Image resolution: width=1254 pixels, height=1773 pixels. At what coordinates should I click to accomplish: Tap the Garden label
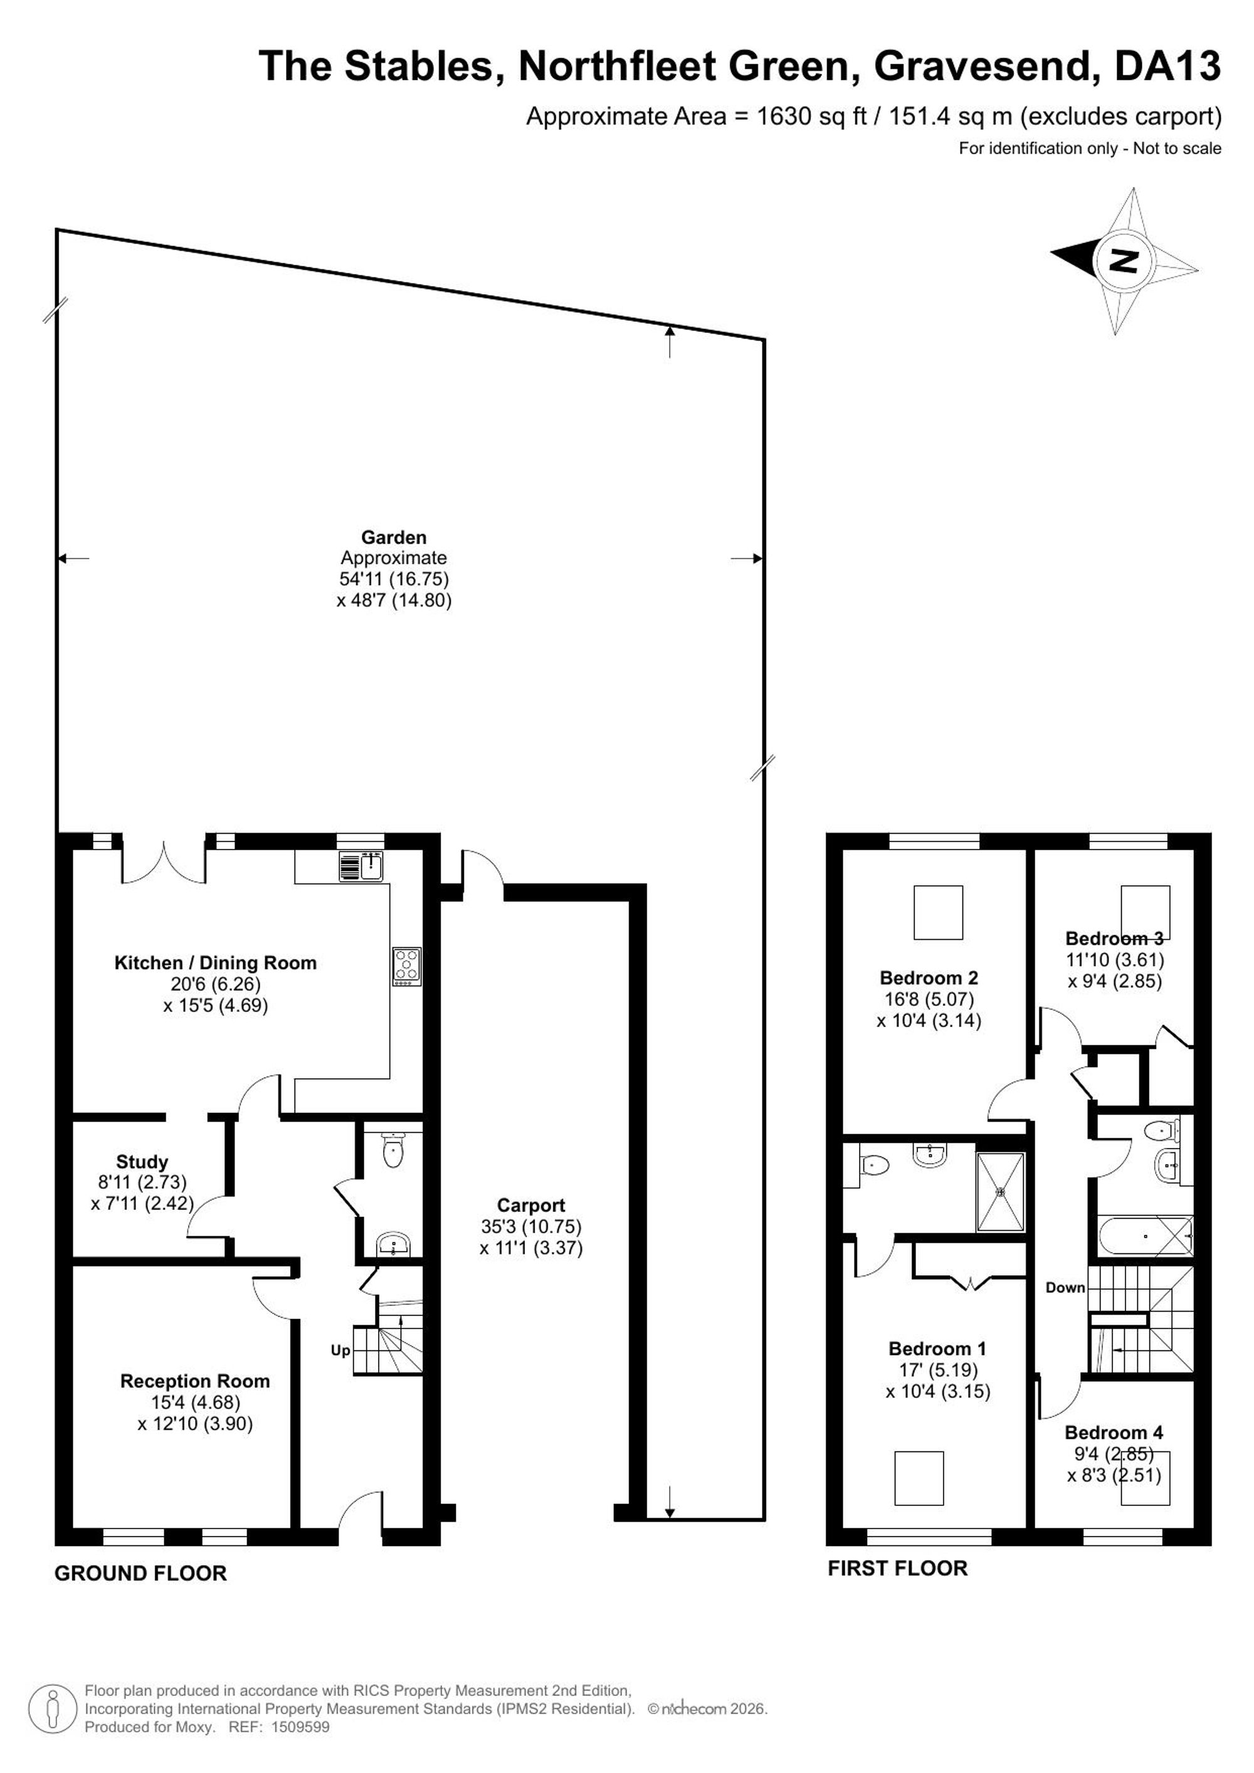(x=394, y=537)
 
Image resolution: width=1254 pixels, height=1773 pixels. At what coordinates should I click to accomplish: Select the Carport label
(x=530, y=1206)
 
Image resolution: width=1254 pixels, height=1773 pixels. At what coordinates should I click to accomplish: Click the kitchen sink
(x=361, y=866)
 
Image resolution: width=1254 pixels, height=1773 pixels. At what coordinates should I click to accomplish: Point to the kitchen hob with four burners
(x=406, y=967)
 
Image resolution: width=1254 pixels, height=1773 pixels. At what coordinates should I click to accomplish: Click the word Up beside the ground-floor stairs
(x=340, y=1350)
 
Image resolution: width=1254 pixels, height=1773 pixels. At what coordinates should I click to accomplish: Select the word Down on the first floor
(x=1066, y=1287)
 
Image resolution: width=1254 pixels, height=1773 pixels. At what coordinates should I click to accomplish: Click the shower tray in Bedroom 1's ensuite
(x=1001, y=1192)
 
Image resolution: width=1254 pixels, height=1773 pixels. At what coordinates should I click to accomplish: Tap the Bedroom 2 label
(x=929, y=977)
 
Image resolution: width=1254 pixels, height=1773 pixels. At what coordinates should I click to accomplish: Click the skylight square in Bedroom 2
(x=938, y=913)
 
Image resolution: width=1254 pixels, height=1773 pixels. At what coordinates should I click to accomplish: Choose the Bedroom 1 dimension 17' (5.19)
(x=938, y=1370)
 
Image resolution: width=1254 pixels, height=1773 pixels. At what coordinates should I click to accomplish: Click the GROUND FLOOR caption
(x=140, y=1573)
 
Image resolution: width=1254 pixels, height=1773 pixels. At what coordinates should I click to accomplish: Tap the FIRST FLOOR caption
(x=897, y=1569)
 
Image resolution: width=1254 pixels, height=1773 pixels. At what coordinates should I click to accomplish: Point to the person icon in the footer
(x=53, y=1710)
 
